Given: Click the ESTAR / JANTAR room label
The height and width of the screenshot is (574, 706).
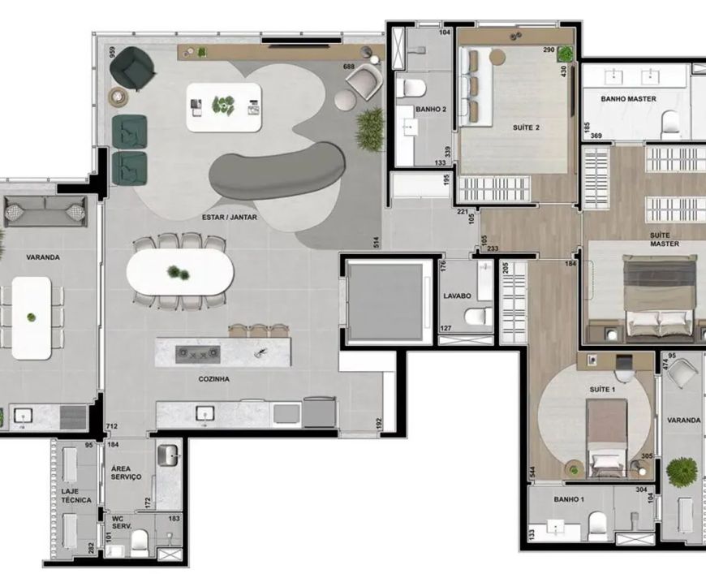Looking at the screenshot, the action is click(x=229, y=217).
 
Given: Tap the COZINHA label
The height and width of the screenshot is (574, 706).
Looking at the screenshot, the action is click(x=214, y=379).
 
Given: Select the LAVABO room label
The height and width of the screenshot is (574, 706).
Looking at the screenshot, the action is click(x=457, y=296).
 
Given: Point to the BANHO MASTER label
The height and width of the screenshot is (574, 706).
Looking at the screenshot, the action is click(x=628, y=99).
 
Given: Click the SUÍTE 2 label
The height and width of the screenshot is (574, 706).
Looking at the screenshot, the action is click(x=526, y=127).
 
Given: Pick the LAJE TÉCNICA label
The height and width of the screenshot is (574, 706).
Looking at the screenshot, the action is click(x=76, y=495).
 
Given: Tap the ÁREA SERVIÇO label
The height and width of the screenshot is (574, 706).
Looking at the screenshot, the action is click(x=126, y=473).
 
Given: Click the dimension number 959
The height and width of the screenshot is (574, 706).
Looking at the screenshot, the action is click(x=112, y=54).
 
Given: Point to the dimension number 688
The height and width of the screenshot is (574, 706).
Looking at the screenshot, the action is click(x=348, y=67).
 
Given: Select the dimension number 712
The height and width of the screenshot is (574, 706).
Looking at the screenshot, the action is click(x=112, y=425).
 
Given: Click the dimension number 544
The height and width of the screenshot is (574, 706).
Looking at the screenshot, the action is click(x=532, y=473).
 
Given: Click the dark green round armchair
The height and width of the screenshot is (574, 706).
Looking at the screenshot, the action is click(x=133, y=68).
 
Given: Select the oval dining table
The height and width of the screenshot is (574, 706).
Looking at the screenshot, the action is click(x=180, y=272).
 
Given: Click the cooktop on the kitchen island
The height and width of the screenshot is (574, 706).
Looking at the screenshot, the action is click(x=198, y=354).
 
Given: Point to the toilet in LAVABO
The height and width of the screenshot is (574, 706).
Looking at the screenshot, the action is click(x=478, y=317).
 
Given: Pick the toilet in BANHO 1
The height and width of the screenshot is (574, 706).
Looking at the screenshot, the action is click(x=598, y=526).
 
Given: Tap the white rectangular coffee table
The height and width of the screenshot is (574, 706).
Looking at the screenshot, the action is click(x=224, y=107).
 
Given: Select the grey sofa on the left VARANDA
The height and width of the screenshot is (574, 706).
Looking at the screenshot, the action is click(x=45, y=211).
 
